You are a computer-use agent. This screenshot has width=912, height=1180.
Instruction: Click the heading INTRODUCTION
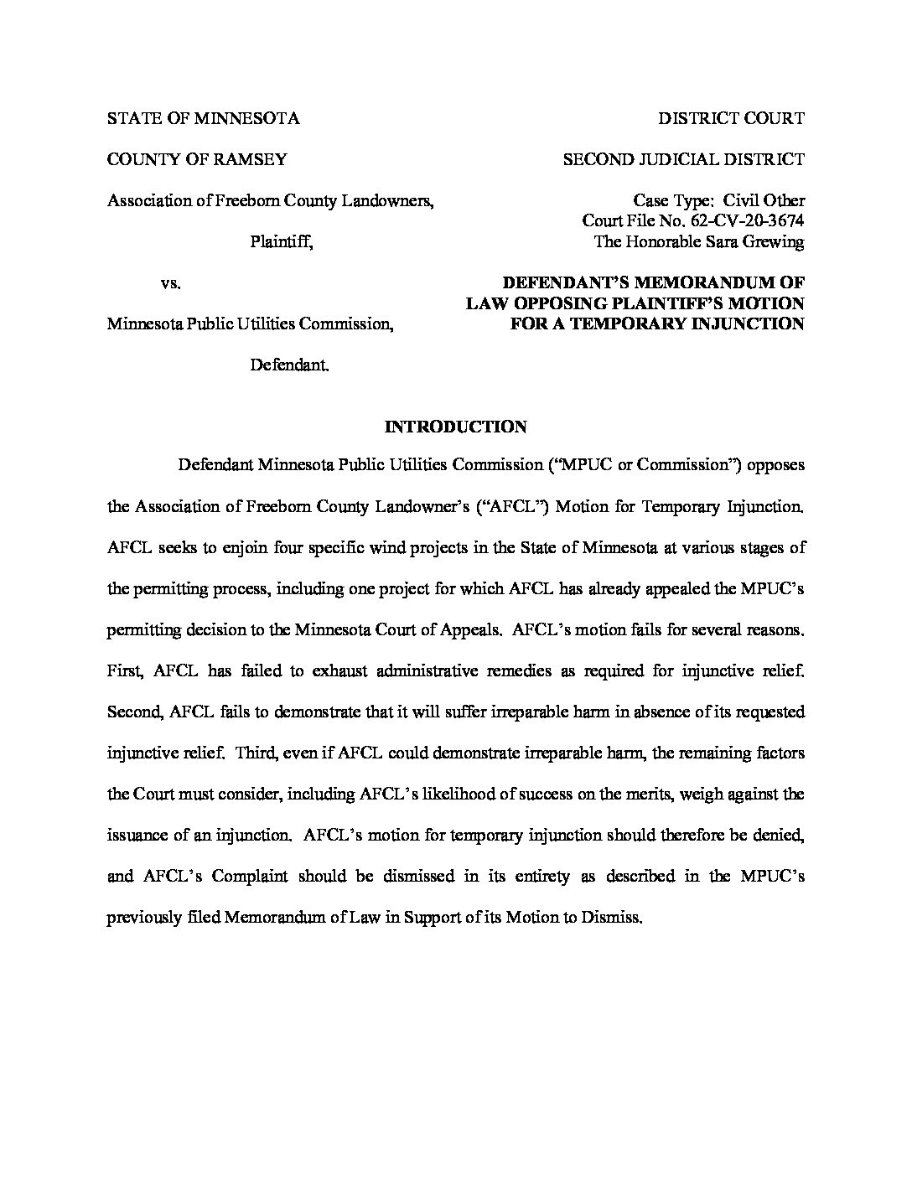click(x=455, y=427)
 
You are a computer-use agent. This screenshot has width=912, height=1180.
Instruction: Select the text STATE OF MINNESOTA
click(x=203, y=118)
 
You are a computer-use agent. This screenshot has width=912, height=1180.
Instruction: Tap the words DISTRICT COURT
click(x=731, y=118)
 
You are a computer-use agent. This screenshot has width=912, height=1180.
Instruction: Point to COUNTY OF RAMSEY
click(x=197, y=159)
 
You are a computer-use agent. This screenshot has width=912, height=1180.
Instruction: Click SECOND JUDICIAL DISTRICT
click(x=683, y=159)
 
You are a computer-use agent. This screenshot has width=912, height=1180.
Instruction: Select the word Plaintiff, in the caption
click(x=282, y=242)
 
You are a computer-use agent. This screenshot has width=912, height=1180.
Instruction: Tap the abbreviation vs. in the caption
click(x=171, y=283)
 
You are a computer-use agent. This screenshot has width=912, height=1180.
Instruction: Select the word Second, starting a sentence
click(x=135, y=712)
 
